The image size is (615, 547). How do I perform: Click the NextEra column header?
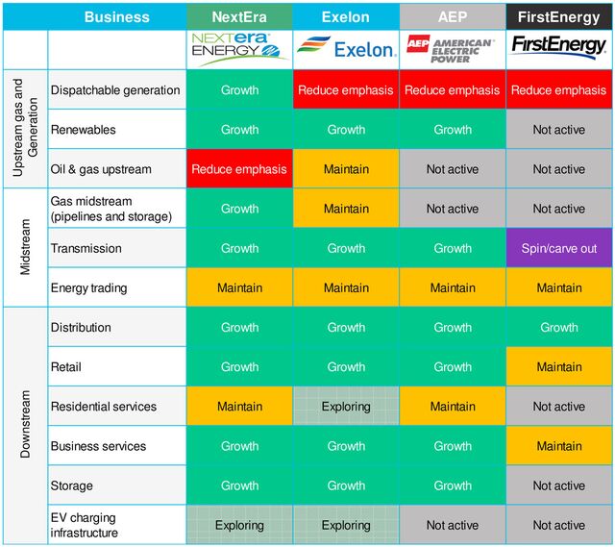[x=239, y=16]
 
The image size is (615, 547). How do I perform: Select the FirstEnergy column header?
[x=558, y=16]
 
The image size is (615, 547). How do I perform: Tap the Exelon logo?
[x=345, y=48]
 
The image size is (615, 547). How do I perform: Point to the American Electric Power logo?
[x=452, y=48]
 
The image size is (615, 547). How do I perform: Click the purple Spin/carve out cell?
[x=558, y=248]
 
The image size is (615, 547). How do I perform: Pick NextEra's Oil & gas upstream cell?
[x=239, y=169]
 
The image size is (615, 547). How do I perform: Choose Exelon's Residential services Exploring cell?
[x=345, y=407]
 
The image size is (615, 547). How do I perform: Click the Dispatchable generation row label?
[x=115, y=90]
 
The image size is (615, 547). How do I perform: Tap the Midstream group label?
[x=25, y=248]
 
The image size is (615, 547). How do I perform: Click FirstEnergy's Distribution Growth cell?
[x=558, y=327]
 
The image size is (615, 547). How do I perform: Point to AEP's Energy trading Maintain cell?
[x=452, y=287]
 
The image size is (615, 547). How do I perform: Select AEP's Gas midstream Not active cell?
[x=452, y=209]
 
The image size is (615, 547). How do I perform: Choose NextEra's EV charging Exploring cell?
[x=239, y=525]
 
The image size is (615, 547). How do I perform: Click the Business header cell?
[x=116, y=16]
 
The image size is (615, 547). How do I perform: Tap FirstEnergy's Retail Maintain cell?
[x=558, y=366]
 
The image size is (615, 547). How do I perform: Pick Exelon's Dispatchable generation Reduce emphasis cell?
[x=345, y=90]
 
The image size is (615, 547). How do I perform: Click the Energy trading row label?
[x=88, y=287]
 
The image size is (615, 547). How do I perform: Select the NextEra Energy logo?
[x=239, y=48]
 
